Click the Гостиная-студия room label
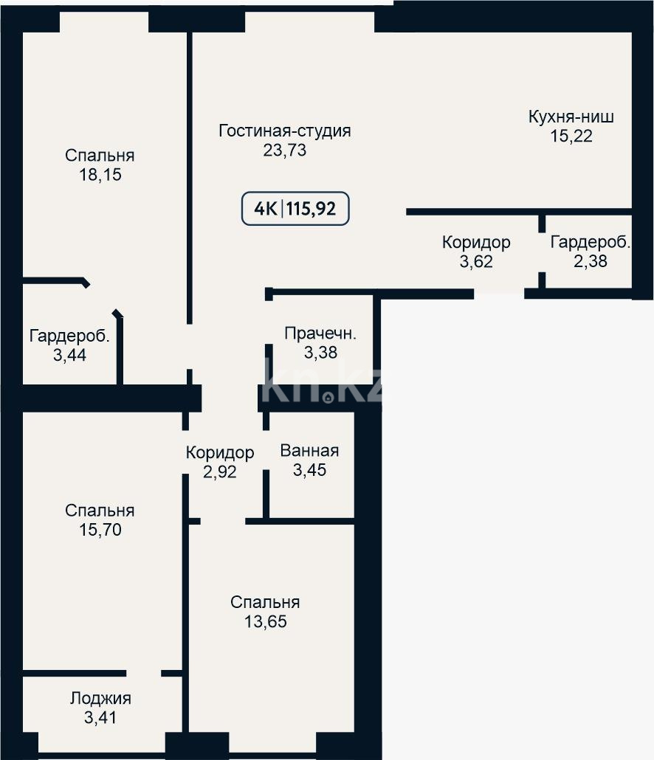point(284,131)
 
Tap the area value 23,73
point(284,151)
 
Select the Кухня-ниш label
point(571,117)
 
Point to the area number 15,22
point(571,136)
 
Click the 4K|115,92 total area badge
point(295,209)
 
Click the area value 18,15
point(100,175)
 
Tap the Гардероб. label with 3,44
point(69,336)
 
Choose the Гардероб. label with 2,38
point(591,241)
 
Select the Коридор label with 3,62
point(476,241)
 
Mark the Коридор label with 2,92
point(220,452)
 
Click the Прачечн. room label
point(320,334)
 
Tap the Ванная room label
point(309,451)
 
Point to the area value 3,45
point(309,470)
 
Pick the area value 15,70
point(100,530)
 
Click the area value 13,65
point(265,621)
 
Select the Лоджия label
point(100,698)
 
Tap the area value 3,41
point(100,716)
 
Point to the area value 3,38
point(320,353)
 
